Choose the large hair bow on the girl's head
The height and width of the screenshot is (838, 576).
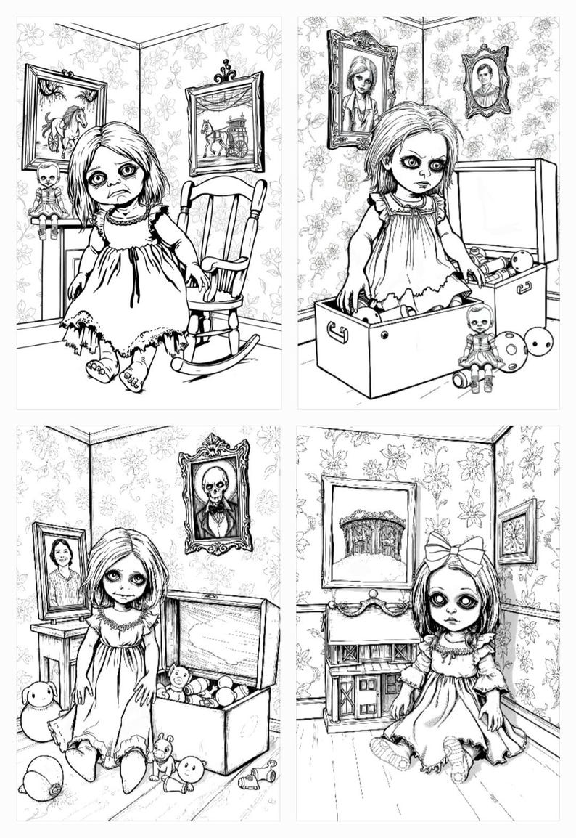[x=454, y=551]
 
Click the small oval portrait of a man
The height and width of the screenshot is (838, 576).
[x=485, y=81]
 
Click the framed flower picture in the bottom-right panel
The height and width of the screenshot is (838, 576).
[x=517, y=532]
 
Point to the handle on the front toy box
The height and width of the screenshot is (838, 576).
[x=337, y=333]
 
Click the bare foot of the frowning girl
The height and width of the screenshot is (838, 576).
[x=101, y=370]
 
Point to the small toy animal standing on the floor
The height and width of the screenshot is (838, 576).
[x=162, y=754]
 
